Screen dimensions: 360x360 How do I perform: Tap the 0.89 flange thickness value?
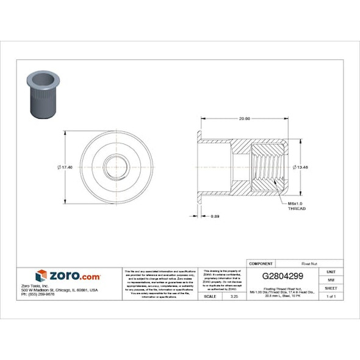coord(215,216)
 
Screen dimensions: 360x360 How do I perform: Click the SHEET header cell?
coord(331,287)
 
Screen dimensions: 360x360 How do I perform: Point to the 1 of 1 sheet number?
coord(331,296)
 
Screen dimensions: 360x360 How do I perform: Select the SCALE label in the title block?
coord(209,296)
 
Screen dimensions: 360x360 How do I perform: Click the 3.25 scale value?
coord(233,296)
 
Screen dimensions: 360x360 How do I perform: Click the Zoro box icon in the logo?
coord(41,276)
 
